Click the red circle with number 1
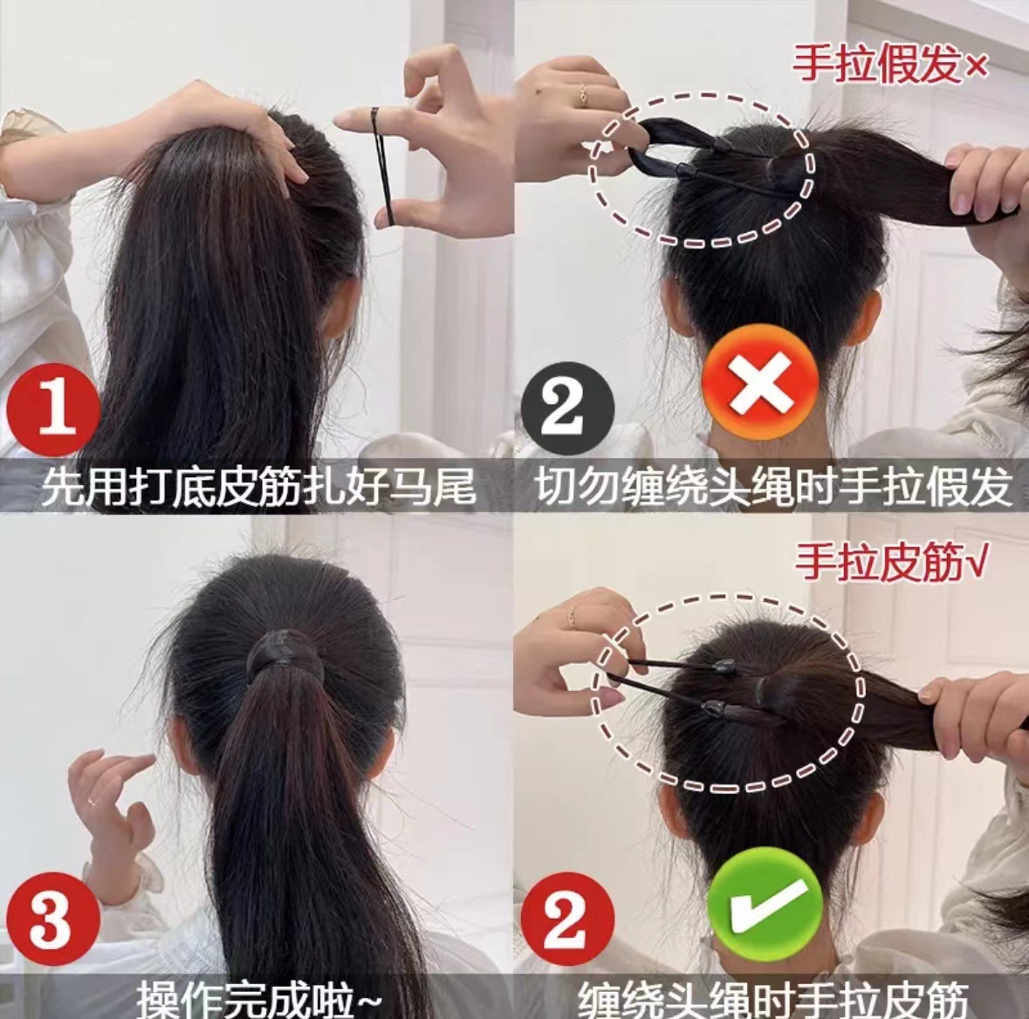tap(54, 410)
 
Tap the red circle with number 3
tap(54, 919)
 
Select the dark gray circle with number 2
tap(567, 409)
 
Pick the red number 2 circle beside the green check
tap(567, 919)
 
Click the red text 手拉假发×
tap(890, 64)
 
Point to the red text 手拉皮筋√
tap(890, 563)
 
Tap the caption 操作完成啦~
tap(259, 999)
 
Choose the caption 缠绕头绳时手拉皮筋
tap(773, 1000)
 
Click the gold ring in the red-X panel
tap(583, 95)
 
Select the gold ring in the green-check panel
tap(571, 615)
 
